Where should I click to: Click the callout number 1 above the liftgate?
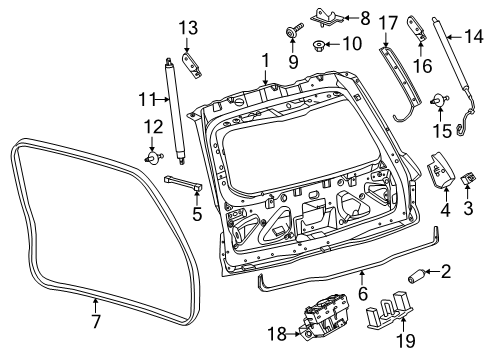coord(264,61)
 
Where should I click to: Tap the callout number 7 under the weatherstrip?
coord(95,323)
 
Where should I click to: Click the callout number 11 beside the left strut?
coord(145,98)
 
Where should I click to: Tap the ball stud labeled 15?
coord(437,99)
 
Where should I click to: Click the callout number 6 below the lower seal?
coord(363,293)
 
